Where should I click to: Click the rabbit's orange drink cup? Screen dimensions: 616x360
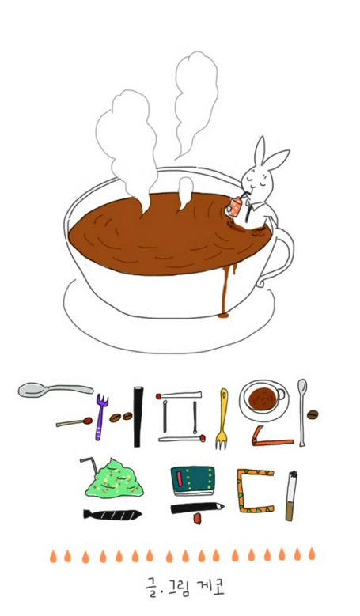[235, 207]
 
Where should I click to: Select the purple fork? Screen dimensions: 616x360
[100, 417]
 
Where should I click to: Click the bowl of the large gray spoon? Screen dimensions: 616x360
[32, 389]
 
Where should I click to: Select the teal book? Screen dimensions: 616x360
[192, 479]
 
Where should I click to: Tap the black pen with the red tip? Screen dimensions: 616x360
[197, 509]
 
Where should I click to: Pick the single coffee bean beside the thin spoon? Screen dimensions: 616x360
[313, 414]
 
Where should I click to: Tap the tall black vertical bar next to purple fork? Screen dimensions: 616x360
[138, 416]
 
